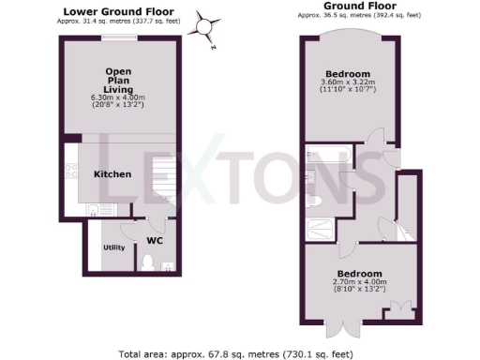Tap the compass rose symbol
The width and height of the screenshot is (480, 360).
tap(204, 25)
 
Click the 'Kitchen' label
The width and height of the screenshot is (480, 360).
tap(112, 174)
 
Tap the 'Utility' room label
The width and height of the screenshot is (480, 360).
tap(114, 247)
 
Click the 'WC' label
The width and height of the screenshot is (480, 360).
tap(156, 240)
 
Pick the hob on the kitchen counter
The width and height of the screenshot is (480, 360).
tap(71, 172)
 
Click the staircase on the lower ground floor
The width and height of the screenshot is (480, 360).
tap(165, 178)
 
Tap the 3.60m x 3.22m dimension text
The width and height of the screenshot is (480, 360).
tap(347, 83)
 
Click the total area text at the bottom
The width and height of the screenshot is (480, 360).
tap(239, 353)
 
